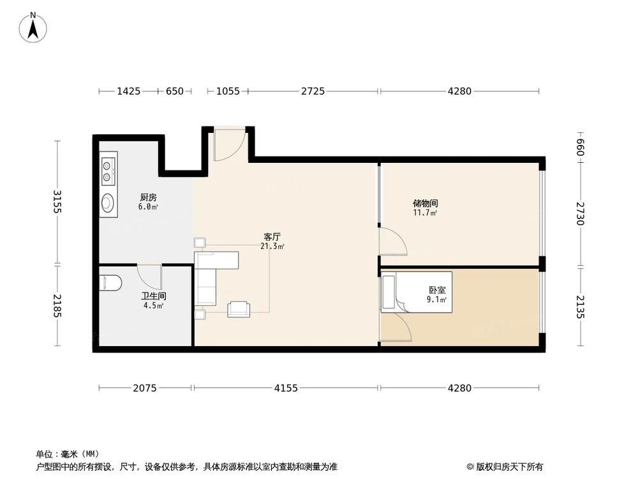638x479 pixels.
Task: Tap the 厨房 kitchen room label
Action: tap(148, 197)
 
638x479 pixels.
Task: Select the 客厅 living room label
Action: tap(272, 236)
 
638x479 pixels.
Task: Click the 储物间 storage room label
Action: tap(425, 204)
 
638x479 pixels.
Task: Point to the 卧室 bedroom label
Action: tap(437, 289)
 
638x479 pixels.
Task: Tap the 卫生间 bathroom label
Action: tap(153, 296)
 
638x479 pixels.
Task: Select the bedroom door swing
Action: tap(394, 326)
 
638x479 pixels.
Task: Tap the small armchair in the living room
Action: tap(239, 308)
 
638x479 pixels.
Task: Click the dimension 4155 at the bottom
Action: tap(286, 388)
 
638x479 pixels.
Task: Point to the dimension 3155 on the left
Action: tap(57, 202)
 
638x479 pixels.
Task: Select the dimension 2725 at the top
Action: tap(313, 91)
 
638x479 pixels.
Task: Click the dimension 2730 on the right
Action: tap(580, 214)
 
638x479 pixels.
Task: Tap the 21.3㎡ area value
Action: tap(272, 246)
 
